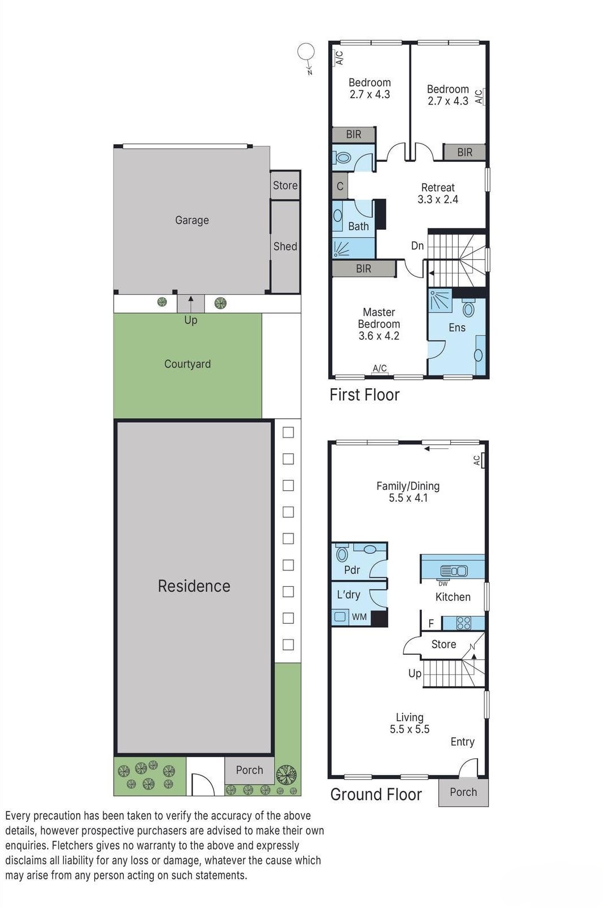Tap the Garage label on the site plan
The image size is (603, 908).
coord(192,220)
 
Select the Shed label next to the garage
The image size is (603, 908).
coord(285,246)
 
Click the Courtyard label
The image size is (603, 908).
coord(187,364)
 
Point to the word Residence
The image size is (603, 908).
coord(194,586)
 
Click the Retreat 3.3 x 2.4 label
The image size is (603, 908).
coord(438,194)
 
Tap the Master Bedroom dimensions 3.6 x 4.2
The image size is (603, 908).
coord(379,336)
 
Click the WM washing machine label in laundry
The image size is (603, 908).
coord(359,617)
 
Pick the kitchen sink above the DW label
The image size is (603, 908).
coord(454,571)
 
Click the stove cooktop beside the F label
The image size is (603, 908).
coord(464,623)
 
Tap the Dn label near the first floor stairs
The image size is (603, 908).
coord(417,246)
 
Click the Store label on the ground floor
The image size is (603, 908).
coord(443,644)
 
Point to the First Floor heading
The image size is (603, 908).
coord(365,395)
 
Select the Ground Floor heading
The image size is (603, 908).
coord(376,794)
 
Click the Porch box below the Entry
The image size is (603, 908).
coord(463,792)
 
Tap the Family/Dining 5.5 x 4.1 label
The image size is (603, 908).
coord(408,492)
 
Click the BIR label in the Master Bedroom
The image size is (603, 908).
coord(363,269)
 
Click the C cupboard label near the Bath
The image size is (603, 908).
coord(340,186)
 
